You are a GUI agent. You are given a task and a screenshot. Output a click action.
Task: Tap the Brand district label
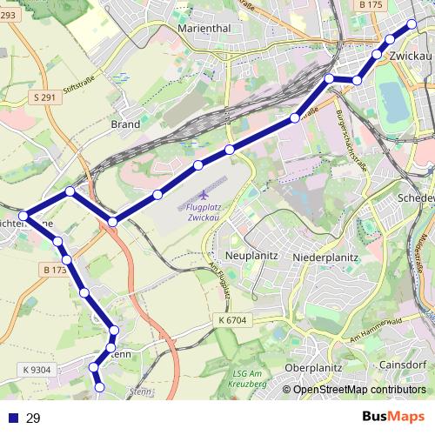(125, 124)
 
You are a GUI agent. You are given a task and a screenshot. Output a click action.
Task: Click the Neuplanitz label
(251, 257)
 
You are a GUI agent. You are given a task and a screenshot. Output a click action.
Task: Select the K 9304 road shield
(38, 370)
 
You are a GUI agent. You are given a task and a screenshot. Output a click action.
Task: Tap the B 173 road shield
(54, 271)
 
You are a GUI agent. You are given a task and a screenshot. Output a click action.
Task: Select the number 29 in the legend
(33, 418)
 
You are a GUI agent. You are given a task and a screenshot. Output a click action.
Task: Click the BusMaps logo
(393, 418)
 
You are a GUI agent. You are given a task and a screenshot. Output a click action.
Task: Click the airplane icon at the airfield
(204, 195)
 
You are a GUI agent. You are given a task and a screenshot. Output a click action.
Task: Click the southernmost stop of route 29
(99, 386)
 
